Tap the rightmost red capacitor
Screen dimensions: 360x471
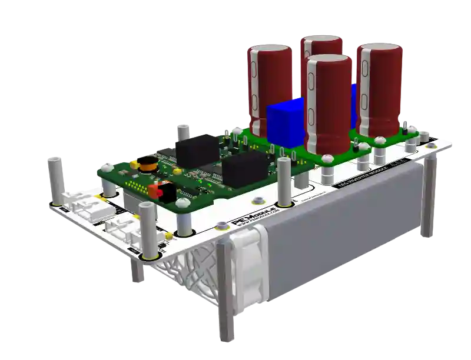pyautogui.click(x=380, y=88)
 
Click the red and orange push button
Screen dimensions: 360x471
pyautogui.click(x=156, y=191)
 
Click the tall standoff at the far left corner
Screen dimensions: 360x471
pyautogui.click(x=57, y=179)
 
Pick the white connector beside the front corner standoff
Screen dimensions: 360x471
pyautogui.click(x=121, y=229)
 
